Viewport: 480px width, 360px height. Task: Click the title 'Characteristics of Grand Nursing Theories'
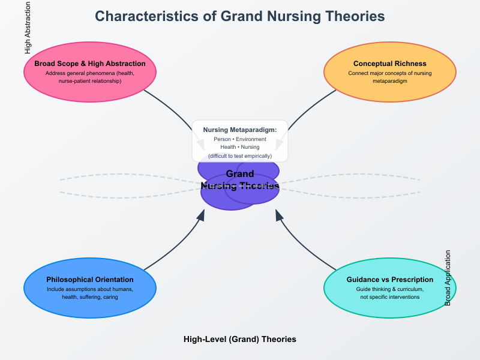pos(240,16)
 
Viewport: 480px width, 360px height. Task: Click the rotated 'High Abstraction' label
pos(28,29)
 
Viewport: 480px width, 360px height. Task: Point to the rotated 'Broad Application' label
pos(448,278)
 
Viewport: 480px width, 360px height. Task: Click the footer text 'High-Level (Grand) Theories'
pos(240,339)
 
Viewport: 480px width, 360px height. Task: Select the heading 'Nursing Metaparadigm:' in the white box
pos(240,130)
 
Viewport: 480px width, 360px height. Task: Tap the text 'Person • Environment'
pos(240,139)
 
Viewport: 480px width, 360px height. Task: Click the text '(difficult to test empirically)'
pos(240,156)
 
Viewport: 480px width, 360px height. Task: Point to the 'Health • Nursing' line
pos(240,148)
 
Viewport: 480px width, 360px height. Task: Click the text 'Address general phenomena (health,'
pos(90,73)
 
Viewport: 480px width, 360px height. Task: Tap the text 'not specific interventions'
pos(390,297)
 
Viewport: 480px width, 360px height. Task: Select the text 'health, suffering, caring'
pos(90,297)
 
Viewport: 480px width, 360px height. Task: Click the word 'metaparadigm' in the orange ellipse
pos(390,81)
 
